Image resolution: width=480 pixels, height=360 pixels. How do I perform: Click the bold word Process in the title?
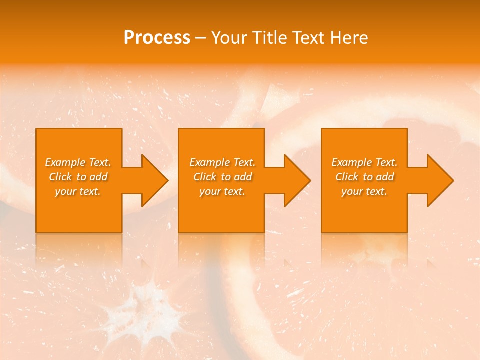(x=157, y=37)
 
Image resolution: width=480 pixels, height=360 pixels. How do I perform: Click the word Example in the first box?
(x=65, y=162)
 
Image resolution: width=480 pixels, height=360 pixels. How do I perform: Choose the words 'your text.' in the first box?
(x=78, y=191)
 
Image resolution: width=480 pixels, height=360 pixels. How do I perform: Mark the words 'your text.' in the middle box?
(x=222, y=191)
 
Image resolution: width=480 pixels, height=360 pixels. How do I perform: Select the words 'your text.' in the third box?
(x=364, y=191)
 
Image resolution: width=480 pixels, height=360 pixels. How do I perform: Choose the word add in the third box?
(x=385, y=177)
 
